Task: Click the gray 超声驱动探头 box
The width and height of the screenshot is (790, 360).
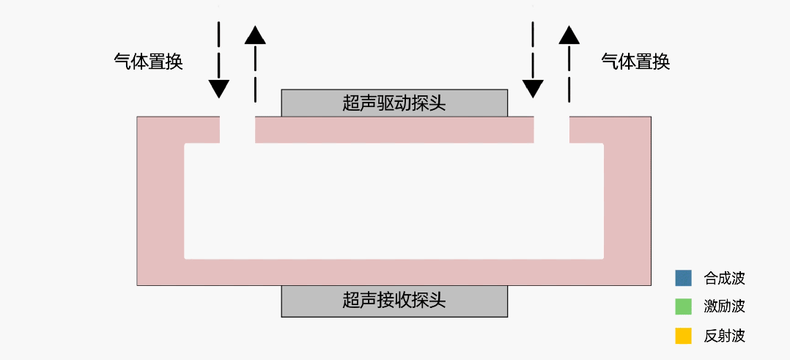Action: [x=394, y=103]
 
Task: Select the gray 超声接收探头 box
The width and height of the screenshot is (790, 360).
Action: [x=394, y=301]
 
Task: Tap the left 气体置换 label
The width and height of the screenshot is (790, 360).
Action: [x=148, y=62]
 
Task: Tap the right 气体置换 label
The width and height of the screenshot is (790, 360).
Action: [x=636, y=62]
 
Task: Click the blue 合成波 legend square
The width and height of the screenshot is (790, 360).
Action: [x=683, y=278]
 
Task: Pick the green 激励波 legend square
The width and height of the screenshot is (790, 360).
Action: [x=683, y=306]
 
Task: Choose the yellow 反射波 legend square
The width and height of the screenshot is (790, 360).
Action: [x=683, y=336]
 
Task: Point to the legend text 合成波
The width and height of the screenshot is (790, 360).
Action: [x=724, y=279]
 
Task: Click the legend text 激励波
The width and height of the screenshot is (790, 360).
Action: [x=724, y=307]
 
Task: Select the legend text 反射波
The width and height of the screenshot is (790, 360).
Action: [x=724, y=337]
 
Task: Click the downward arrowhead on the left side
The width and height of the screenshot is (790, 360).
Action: [x=218, y=89]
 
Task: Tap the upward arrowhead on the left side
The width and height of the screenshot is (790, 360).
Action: [x=255, y=34]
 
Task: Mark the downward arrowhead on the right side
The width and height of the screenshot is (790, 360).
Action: [x=533, y=89]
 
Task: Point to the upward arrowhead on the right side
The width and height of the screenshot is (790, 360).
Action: [x=569, y=34]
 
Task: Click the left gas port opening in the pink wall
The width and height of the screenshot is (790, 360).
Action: [x=237, y=130]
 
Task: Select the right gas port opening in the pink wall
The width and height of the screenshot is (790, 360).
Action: [x=551, y=130]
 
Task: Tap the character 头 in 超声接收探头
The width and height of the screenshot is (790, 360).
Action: [x=438, y=301]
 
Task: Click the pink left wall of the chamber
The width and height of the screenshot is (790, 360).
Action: [x=160, y=202]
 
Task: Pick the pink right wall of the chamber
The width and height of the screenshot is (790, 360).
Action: [x=627, y=202]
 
